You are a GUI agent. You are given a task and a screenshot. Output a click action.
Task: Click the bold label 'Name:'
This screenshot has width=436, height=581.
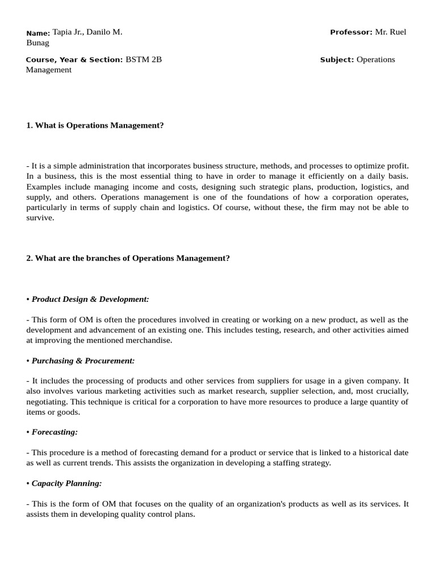click(x=38, y=33)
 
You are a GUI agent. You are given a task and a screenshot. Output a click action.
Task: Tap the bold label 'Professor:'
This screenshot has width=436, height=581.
click(x=351, y=32)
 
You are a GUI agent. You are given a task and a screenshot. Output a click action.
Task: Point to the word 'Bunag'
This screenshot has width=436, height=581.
click(x=37, y=43)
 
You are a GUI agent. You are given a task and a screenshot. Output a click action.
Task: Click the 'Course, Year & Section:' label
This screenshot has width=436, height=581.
click(x=74, y=60)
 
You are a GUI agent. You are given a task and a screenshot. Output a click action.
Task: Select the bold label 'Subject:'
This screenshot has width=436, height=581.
click(x=337, y=60)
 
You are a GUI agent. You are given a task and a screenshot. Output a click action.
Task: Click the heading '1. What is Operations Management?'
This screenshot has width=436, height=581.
click(x=95, y=125)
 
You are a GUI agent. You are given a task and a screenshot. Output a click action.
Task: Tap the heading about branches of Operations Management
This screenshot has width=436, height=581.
click(x=128, y=258)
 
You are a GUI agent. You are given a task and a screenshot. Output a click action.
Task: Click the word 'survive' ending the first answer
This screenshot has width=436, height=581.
click(x=39, y=218)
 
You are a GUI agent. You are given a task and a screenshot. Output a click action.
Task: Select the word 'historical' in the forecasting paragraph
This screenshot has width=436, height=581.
click(x=369, y=453)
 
